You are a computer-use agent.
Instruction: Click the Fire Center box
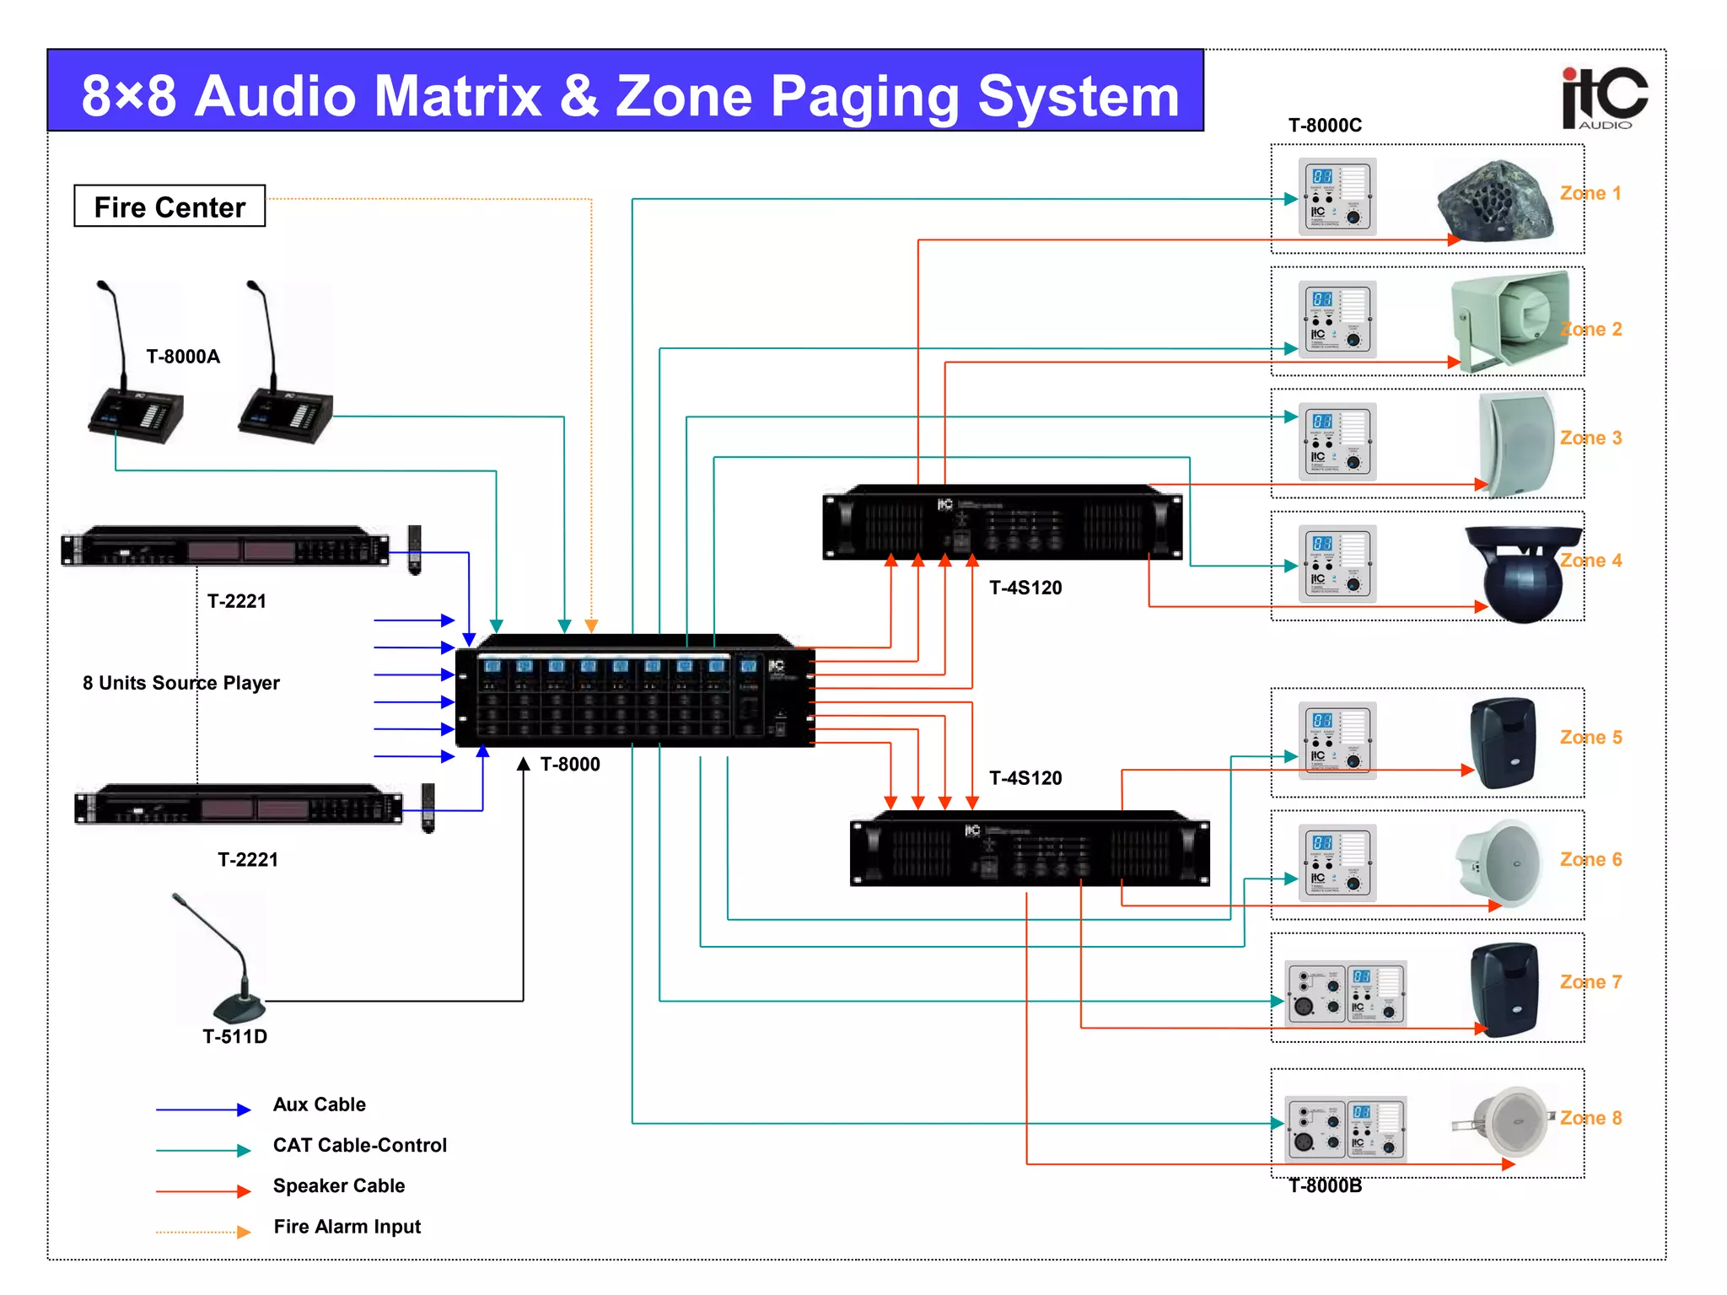169,207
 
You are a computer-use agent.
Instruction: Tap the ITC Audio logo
1604,98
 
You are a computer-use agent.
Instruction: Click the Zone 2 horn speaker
1510,320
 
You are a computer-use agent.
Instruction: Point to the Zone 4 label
1590,561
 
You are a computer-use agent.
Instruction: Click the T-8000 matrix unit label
570,765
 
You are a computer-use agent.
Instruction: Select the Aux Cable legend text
320,1104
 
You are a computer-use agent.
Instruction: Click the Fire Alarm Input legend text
347,1227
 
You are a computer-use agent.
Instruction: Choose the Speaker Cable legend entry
339,1186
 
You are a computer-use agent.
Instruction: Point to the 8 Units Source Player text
180,683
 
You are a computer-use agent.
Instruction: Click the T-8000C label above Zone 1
1325,126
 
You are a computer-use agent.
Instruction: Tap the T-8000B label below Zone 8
1325,1186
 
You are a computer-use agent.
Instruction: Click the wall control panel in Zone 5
1337,740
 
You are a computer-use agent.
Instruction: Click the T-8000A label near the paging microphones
183,357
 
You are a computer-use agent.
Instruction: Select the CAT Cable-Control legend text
360,1146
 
